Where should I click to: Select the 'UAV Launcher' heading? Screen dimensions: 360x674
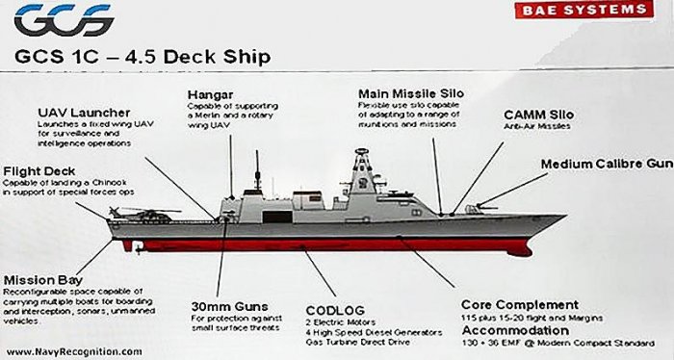(x=85, y=114)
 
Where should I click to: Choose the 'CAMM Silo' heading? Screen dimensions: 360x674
(x=538, y=115)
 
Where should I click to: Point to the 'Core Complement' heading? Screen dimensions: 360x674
(x=520, y=304)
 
